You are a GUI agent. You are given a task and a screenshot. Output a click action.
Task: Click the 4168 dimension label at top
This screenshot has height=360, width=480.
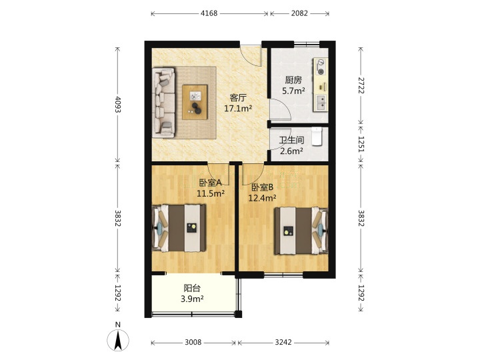click(209, 13)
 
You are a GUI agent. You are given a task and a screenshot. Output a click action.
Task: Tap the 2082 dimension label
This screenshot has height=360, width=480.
click(299, 13)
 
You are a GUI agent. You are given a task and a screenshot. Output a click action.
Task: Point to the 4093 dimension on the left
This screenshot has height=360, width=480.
click(118, 105)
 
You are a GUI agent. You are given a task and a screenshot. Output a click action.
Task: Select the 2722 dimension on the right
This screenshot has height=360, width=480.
click(361, 85)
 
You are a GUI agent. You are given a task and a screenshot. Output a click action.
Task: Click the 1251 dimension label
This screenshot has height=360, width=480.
click(361, 144)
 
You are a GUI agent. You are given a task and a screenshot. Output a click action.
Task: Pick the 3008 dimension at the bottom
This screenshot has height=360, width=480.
click(193, 342)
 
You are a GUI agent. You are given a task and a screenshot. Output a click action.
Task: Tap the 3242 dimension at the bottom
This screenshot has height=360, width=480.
click(283, 342)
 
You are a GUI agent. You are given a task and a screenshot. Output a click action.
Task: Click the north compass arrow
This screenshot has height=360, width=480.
click(118, 340)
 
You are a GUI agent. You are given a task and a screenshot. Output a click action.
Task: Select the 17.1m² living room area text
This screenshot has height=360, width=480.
click(238, 109)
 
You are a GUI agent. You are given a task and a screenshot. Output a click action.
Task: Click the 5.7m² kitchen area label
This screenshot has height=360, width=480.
click(293, 91)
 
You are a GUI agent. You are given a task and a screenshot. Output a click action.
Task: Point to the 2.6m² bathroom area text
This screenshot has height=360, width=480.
click(291, 151)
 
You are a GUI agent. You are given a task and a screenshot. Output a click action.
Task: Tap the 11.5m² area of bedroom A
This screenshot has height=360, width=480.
click(211, 193)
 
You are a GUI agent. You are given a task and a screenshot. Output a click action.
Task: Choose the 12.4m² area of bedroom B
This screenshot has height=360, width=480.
click(262, 198)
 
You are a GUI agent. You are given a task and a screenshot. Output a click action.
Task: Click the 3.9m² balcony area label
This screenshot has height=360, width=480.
click(192, 299)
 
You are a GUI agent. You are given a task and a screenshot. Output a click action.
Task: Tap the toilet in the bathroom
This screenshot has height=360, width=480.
click(317, 137)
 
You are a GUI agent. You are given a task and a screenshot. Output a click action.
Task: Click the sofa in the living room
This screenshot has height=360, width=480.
click(163, 103)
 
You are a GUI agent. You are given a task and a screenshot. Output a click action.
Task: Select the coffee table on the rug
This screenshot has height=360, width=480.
click(195, 102)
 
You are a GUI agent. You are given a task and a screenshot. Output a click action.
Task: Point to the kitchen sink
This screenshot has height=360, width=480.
click(320, 103)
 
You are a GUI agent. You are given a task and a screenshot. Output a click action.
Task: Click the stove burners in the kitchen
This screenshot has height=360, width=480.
click(320, 67)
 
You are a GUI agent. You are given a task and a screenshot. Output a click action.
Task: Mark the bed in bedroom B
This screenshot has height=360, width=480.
click(301, 231)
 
